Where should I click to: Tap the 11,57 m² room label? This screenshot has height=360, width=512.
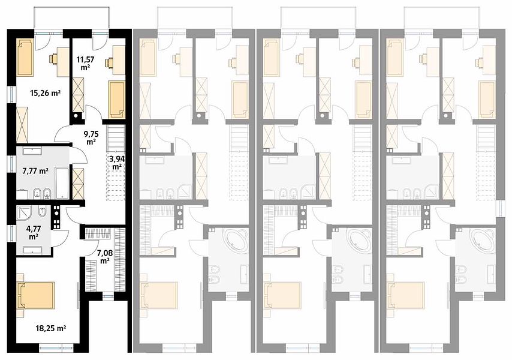tap(83, 63)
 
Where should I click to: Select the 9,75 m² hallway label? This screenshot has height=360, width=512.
tap(91, 137)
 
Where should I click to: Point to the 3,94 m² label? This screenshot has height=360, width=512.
tap(116, 163)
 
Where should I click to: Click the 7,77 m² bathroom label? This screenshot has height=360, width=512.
tap(35, 170)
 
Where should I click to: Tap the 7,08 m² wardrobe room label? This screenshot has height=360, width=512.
tap(105, 257)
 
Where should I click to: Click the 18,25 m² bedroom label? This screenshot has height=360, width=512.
tap(50, 328)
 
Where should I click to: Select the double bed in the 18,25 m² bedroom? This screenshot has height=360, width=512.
tap(35, 295)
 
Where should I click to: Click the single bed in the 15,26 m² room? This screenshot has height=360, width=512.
tap(24, 58)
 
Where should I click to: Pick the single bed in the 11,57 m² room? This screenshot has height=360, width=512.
tap(116, 100)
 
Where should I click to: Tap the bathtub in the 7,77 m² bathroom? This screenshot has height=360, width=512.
tap(62, 183)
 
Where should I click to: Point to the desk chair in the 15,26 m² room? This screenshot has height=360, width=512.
tap(53, 59)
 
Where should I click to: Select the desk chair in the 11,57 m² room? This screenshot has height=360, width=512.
tap(109, 62)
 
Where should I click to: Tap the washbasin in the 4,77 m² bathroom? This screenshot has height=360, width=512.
tap(32, 251)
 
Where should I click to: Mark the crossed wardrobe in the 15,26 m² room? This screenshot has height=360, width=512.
tap(22, 124)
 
